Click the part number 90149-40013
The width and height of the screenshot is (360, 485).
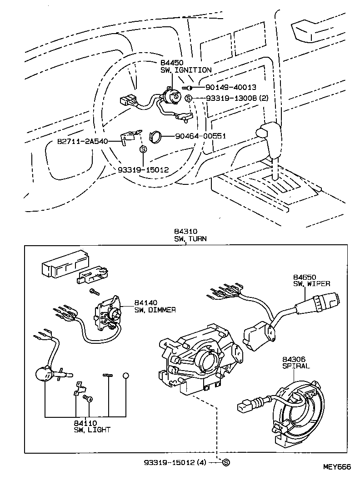[230, 88]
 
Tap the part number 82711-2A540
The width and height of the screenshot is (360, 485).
[83, 141]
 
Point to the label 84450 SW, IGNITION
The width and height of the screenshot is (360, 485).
[185, 66]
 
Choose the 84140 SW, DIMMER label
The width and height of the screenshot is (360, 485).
[155, 306]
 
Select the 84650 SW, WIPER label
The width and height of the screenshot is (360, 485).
[311, 280]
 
